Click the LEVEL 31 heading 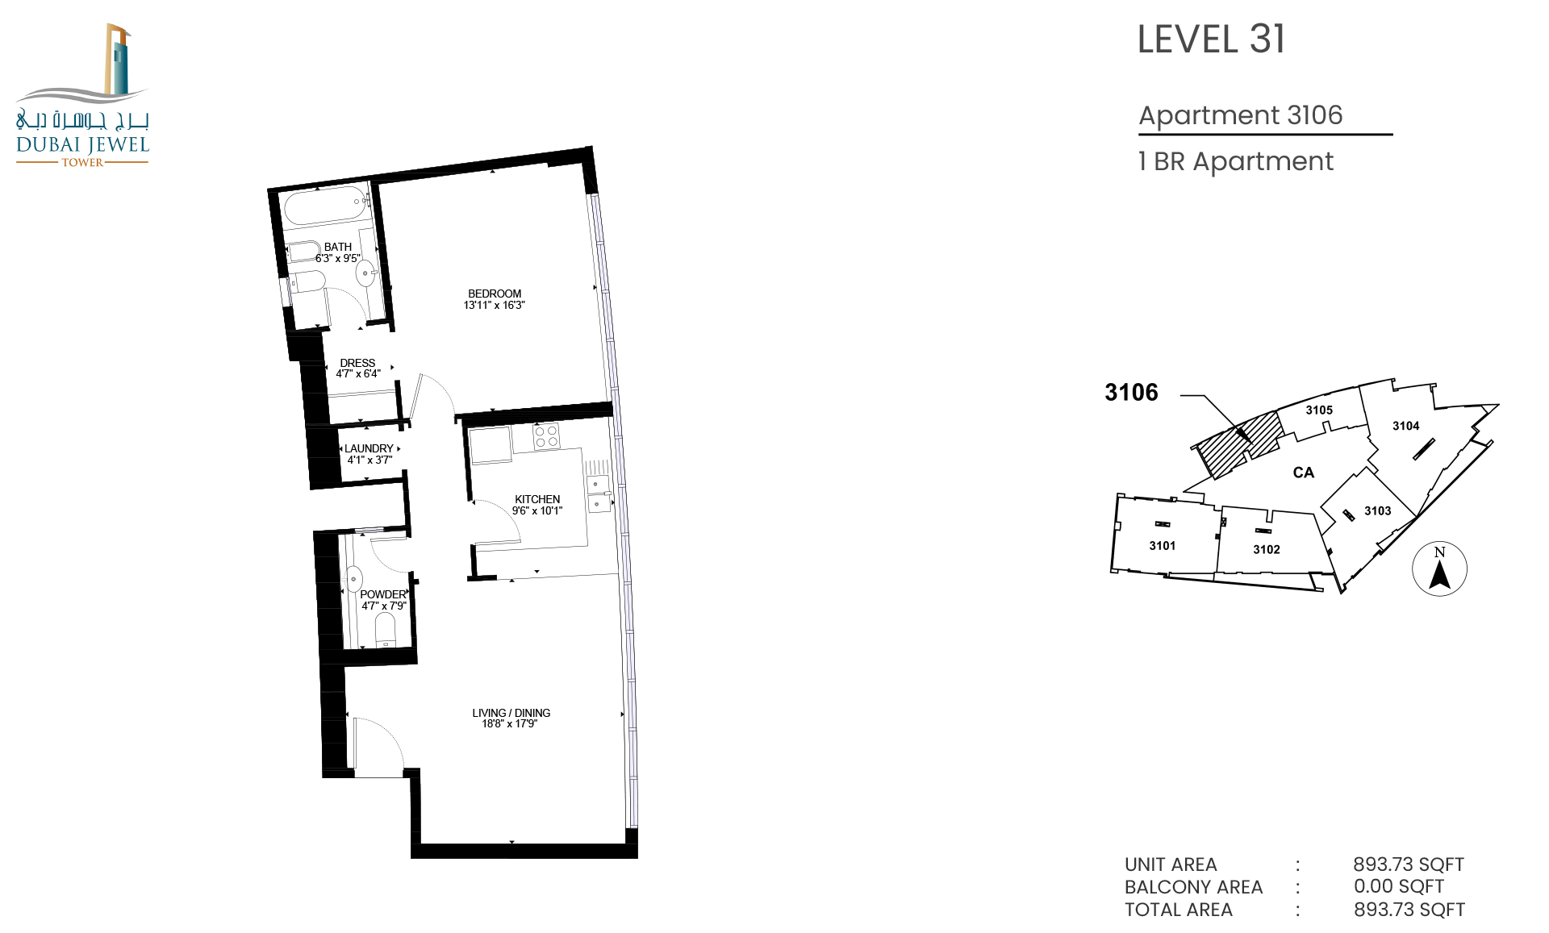coord(1211,40)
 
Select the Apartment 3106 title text coord(1240,115)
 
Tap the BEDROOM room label coord(495,294)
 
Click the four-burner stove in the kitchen coord(546,436)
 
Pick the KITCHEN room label coord(537,499)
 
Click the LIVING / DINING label coord(511,713)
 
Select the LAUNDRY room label coord(369,448)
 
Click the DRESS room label coord(357,363)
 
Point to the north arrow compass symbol coord(1439,569)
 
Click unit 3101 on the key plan coord(1163,546)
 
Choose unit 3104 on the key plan coord(1405,426)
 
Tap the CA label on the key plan coord(1304,473)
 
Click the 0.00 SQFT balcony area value coord(1399,886)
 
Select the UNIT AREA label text coord(1171,864)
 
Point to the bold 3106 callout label coord(1131,393)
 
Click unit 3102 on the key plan coord(1267,549)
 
